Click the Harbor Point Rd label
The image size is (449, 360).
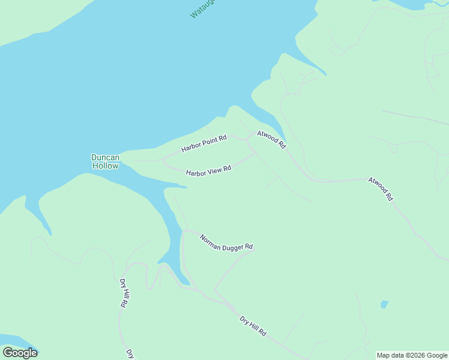(204, 143)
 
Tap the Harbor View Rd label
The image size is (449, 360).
(209, 172)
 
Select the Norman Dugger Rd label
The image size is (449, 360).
(226, 242)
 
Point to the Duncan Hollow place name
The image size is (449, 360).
(105, 161)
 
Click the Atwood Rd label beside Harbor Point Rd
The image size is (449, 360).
(271, 139)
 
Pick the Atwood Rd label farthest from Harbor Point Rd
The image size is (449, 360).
(381, 188)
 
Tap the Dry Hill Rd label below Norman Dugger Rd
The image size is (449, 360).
(253, 326)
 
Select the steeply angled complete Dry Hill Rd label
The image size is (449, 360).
(123, 293)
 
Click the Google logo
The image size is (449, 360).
(20, 352)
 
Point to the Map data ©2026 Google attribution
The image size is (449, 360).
(412, 355)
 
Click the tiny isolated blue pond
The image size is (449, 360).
(384, 304)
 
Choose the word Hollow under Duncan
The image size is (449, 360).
(105, 166)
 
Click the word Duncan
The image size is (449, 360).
(105, 157)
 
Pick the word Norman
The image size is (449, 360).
(210, 238)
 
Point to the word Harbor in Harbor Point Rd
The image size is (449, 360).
(191, 147)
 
